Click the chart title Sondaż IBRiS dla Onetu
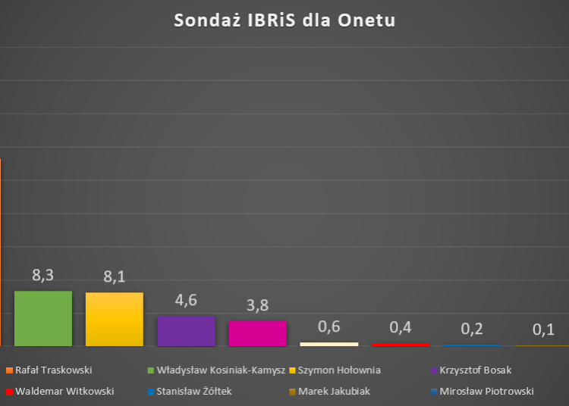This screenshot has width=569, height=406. (284, 20)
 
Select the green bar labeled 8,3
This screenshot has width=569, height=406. (42, 318)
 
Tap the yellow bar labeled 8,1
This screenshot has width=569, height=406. (115, 319)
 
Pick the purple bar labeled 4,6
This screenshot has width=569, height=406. (186, 330)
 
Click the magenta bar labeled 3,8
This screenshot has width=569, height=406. (257, 333)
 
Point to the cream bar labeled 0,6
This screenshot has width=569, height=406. (329, 344)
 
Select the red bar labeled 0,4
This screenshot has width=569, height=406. (400, 345)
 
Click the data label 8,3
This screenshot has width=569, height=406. (42, 276)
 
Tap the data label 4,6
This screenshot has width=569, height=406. (186, 300)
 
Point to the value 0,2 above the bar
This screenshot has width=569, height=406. (472, 329)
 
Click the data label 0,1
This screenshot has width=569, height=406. (543, 329)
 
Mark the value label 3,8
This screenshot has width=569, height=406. (257, 305)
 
